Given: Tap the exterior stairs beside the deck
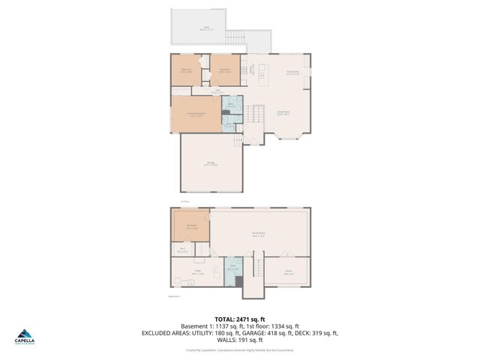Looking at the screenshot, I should tap(236, 37).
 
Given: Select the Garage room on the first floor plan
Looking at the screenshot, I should tap(211, 163).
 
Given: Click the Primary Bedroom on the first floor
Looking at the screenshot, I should tap(196, 115).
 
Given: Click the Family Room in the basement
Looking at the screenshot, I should tap(259, 234).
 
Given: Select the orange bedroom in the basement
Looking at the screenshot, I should tap(191, 226).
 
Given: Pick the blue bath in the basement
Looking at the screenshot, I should tap(233, 271).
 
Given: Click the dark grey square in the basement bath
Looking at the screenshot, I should tap(238, 281).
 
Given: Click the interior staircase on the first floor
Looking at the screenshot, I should tap(256, 115).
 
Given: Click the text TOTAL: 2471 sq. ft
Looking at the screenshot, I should tap(239, 319).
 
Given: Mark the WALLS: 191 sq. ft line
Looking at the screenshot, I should tap(239, 340).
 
